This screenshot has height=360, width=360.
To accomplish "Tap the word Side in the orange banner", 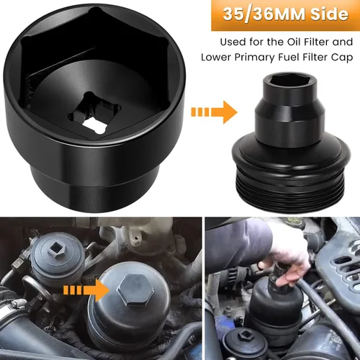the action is click(329, 14).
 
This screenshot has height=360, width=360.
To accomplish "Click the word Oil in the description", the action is click(294, 42).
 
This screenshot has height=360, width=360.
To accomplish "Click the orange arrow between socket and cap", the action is click(214, 112).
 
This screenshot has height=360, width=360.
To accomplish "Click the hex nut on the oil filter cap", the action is click(135, 290).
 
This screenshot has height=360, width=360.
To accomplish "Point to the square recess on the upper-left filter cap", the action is click(55, 251).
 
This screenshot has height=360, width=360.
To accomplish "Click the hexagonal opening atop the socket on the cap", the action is click(289, 84).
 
